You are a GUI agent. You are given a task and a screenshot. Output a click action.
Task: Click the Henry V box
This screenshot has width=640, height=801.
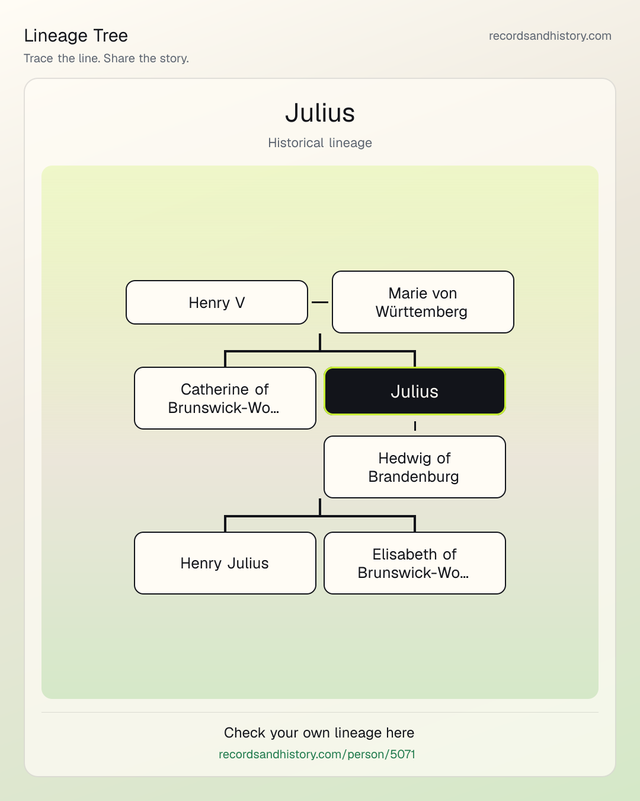coord(217,302)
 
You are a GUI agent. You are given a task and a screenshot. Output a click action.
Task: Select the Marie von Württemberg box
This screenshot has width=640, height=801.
coord(423,302)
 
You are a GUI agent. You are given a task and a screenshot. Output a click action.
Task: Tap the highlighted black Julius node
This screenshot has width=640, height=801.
coord(415,391)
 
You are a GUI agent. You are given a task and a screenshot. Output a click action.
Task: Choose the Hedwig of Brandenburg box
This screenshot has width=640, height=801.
coord(415,467)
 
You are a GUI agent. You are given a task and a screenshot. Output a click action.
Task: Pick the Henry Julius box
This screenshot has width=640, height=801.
coord(225,563)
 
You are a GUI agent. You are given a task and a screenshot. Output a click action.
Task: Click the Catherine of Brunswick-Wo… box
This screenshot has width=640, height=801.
coord(225,398)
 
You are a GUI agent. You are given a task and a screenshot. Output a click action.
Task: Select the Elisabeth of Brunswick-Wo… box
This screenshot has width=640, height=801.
coord(415,563)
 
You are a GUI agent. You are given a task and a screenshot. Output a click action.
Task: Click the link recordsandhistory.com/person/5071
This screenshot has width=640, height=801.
coord(317,754)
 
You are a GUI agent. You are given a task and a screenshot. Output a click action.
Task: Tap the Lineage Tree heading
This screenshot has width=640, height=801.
coord(76,36)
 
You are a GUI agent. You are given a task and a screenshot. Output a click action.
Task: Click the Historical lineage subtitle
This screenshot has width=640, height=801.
coord(320,142)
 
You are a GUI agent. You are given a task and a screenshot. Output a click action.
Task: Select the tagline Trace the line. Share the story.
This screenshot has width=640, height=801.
coord(106,58)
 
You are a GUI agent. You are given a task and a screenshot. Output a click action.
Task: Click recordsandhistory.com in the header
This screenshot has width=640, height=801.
coord(550,36)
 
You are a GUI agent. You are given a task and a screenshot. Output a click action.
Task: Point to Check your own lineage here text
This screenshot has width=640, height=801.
coord(319,733)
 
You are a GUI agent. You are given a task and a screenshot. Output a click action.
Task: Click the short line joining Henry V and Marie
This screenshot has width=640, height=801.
coord(320,302)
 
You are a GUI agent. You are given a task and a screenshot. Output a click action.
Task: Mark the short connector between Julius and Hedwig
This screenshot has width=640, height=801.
coord(415,426)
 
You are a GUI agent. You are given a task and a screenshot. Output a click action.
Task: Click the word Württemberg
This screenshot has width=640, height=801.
coord(421,311)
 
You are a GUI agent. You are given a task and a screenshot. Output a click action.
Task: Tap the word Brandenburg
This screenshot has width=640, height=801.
coord(414,476)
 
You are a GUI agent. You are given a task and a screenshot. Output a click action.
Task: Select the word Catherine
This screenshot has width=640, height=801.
coord(215,389)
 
